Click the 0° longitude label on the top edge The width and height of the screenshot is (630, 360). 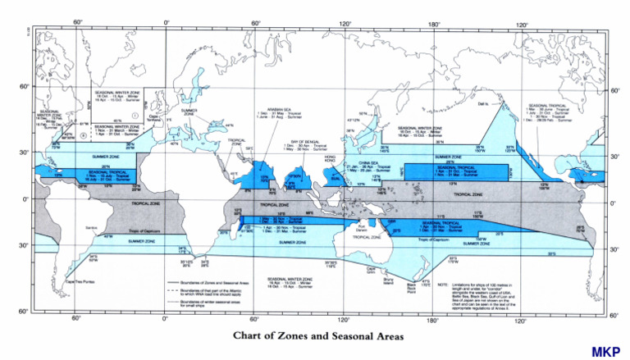[x=167, y=22]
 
